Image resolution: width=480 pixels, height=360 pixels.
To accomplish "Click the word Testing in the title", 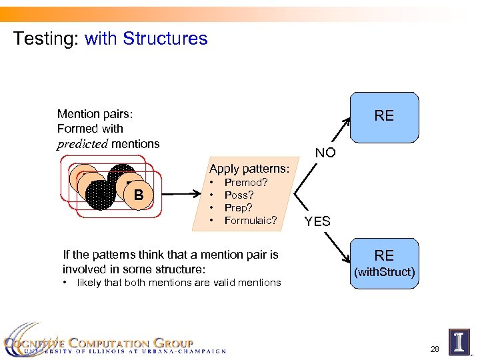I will pyautogui.click(x=45, y=39).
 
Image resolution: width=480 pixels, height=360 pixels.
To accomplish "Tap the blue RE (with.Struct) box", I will pyautogui.click(x=384, y=263).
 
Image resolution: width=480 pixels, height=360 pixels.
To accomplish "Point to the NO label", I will pyautogui.click(x=325, y=153).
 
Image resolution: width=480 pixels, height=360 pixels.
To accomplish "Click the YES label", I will pyautogui.click(x=317, y=221).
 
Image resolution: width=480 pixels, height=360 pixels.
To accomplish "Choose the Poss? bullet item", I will pyautogui.click(x=239, y=195).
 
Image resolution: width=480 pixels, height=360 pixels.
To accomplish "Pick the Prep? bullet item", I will pyautogui.click(x=239, y=207).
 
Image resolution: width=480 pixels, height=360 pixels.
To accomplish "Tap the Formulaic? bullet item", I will pyautogui.click(x=251, y=220).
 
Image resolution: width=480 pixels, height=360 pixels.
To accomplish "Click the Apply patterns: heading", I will pyautogui.click(x=249, y=168).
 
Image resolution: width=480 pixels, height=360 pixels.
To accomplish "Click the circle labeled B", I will pyautogui.click(x=139, y=195).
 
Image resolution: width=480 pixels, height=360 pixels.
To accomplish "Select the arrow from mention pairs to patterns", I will pyautogui.click(x=181, y=195).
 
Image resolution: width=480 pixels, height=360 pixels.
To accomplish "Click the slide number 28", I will pyautogui.click(x=435, y=349).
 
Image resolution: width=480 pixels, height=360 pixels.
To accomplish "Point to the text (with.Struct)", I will pyautogui.click(x=384, y=272).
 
